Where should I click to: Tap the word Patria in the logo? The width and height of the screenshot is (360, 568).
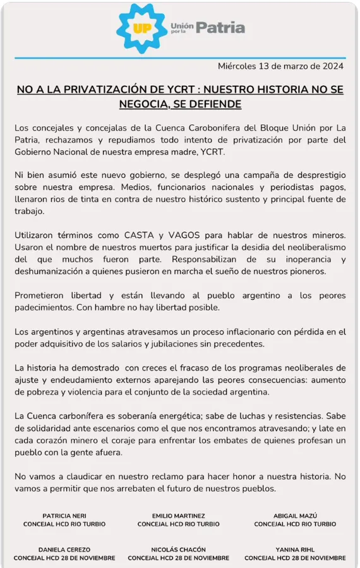(x=220, y=28)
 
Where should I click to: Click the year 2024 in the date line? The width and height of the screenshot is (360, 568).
(x=332, y=66)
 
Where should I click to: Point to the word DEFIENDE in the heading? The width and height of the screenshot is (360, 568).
(x=213, y=104)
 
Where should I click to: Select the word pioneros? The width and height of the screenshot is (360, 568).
(x=306, y=271)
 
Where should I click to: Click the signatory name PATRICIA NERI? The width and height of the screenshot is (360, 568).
(x=64, y=516)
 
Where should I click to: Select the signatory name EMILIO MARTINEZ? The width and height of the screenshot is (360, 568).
(x=179, y=516)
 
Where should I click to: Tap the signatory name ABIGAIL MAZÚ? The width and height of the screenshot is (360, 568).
(x=296, y=516)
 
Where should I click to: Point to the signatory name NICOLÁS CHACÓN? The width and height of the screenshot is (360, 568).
(x=179, y=550)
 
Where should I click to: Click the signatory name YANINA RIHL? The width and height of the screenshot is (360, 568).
(x=296, y=550)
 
